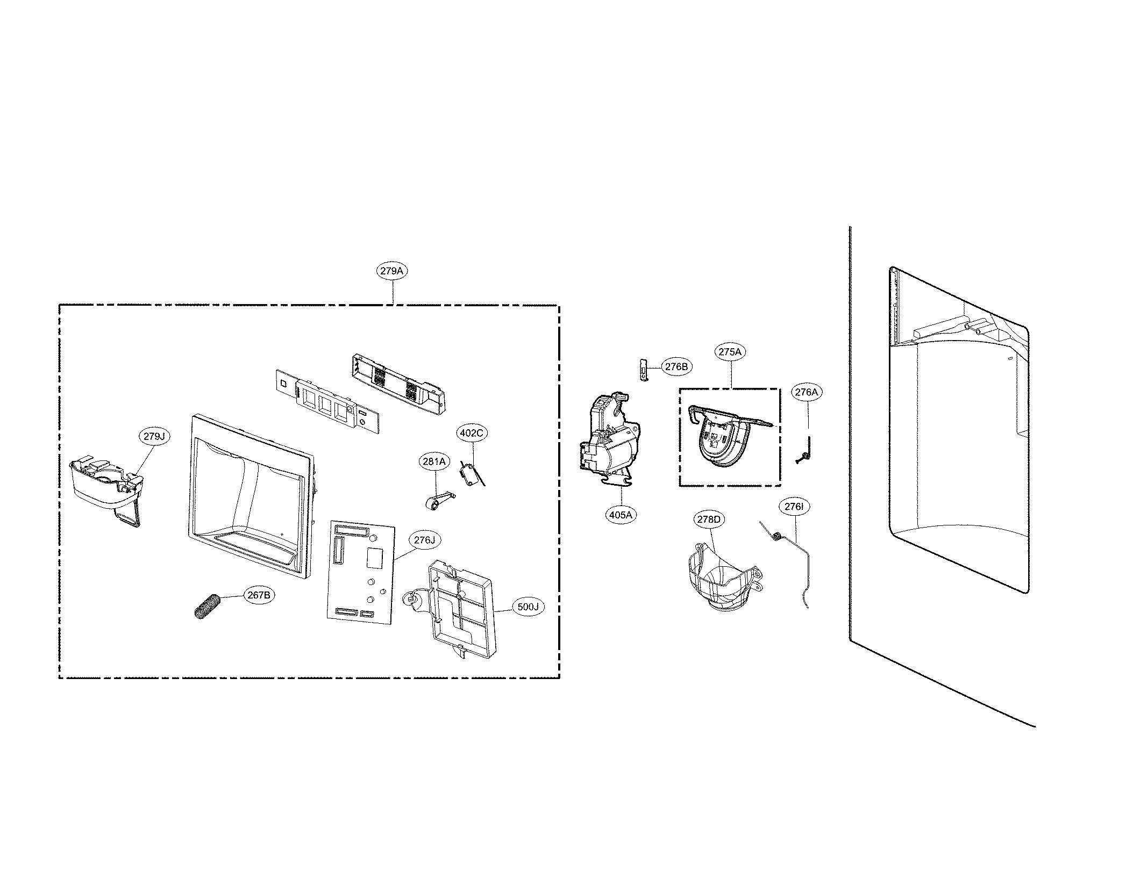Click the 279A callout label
391,271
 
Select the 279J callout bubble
154,437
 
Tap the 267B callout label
259,595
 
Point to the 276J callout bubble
424,540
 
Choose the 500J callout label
528,607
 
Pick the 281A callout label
434,461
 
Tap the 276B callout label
676,367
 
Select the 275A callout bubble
730,352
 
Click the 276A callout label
807,392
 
